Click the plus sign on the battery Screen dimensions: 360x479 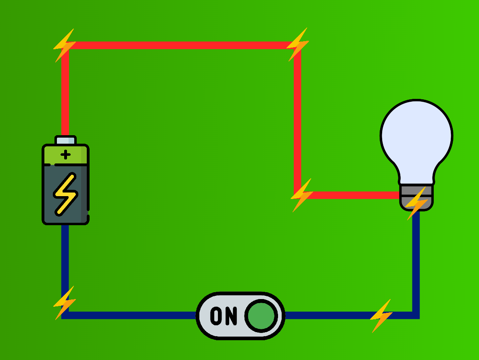65,154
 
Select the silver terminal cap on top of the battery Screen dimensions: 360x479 65,140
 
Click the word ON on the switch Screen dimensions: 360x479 224,316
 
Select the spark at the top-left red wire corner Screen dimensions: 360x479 64,45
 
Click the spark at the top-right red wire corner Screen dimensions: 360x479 297,44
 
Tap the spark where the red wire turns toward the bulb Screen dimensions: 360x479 301,195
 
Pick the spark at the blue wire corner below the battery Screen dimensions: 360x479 65,302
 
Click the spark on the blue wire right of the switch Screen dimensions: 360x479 381,316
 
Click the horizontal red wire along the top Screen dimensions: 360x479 182,45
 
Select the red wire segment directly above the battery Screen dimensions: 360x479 65,93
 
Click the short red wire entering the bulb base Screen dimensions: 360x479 355,195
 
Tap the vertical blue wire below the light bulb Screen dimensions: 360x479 416,262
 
